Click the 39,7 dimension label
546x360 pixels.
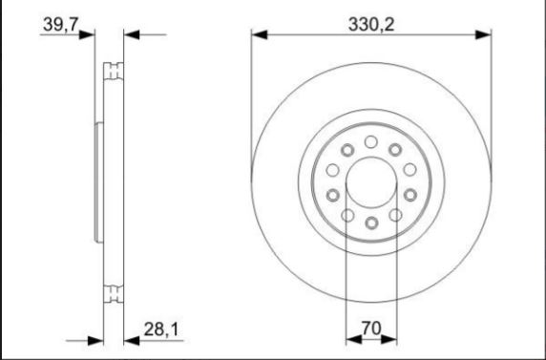pos(60,25)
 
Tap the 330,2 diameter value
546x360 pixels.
pos(371,25)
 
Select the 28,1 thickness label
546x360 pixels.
pos(161,329)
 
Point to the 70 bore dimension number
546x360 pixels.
pos(371,328)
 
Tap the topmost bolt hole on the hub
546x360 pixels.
pos(371,142)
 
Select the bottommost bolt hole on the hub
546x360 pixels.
pos(371,222)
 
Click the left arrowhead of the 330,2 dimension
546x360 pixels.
pos(259,34)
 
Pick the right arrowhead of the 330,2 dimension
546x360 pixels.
pos(483,34)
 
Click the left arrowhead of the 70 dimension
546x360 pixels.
pos(354,339)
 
